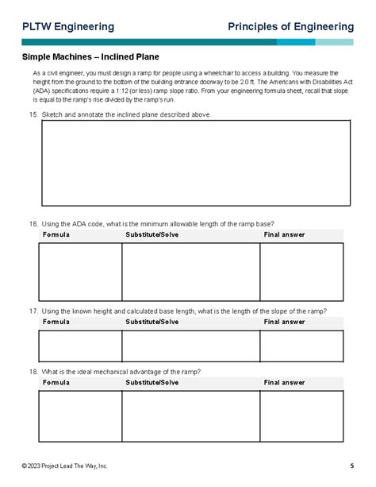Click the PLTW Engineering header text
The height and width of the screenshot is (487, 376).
tap(67, 27)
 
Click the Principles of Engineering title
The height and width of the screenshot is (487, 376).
tap(290, 27)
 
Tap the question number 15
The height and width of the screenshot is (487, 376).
tap(33, 114)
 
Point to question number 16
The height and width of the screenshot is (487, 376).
tap(33, 224)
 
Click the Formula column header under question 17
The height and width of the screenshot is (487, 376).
tap(56, 322)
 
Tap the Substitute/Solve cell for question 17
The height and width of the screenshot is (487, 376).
tap(190, 346)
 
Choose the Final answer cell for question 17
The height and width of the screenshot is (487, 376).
tap(301, 346)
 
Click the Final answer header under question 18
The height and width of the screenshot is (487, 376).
tap(284, 382)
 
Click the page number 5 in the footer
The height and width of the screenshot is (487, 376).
tap(351, 465)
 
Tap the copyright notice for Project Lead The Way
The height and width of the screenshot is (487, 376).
tap(65, 465)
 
